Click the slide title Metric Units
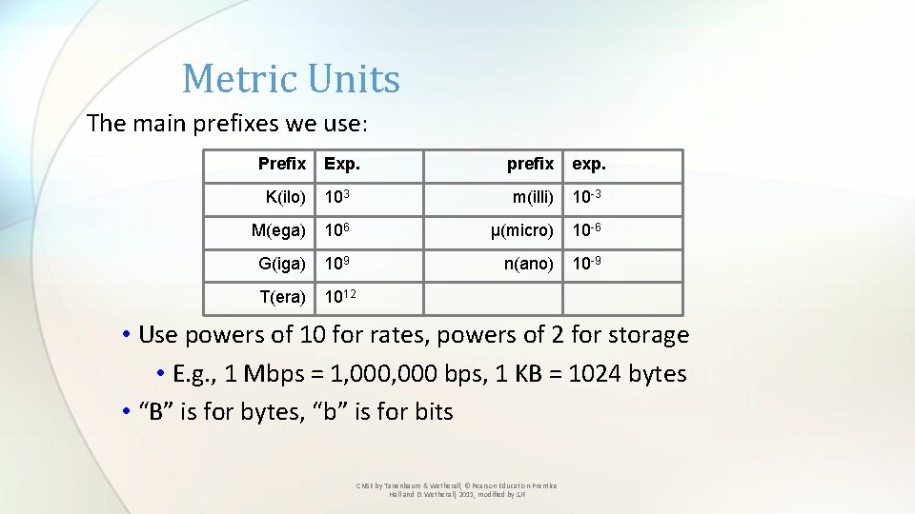pyautogui.click(x=291, y=79)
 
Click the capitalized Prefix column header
pyautogui.click(x=282, y=164)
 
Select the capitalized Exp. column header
pyautogui.click(x=342, y=164)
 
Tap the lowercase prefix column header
pyautogui.click(x=530, y=164)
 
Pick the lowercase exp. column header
pyautogui.click(x=589, y=164)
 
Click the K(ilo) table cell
pyautogui.click(x=285, y=197)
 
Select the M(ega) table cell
pyautogui.click(x=278, y=230)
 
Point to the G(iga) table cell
pyautogui.click(x=281, y=264)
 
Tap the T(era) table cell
pyautogui.click(x=282, y=297)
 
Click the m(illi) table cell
pyautogui.click(x=533, y=197)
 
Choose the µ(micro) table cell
pyautogui.click(x=521, y=230)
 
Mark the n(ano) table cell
pyautogui.click(x=528, y=264)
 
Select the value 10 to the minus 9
pyautogui.click(x=586, y=263)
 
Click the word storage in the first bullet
pyautogui.click(x=642, y=335)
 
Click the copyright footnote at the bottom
pyautogui.click(x=457, y=489)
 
